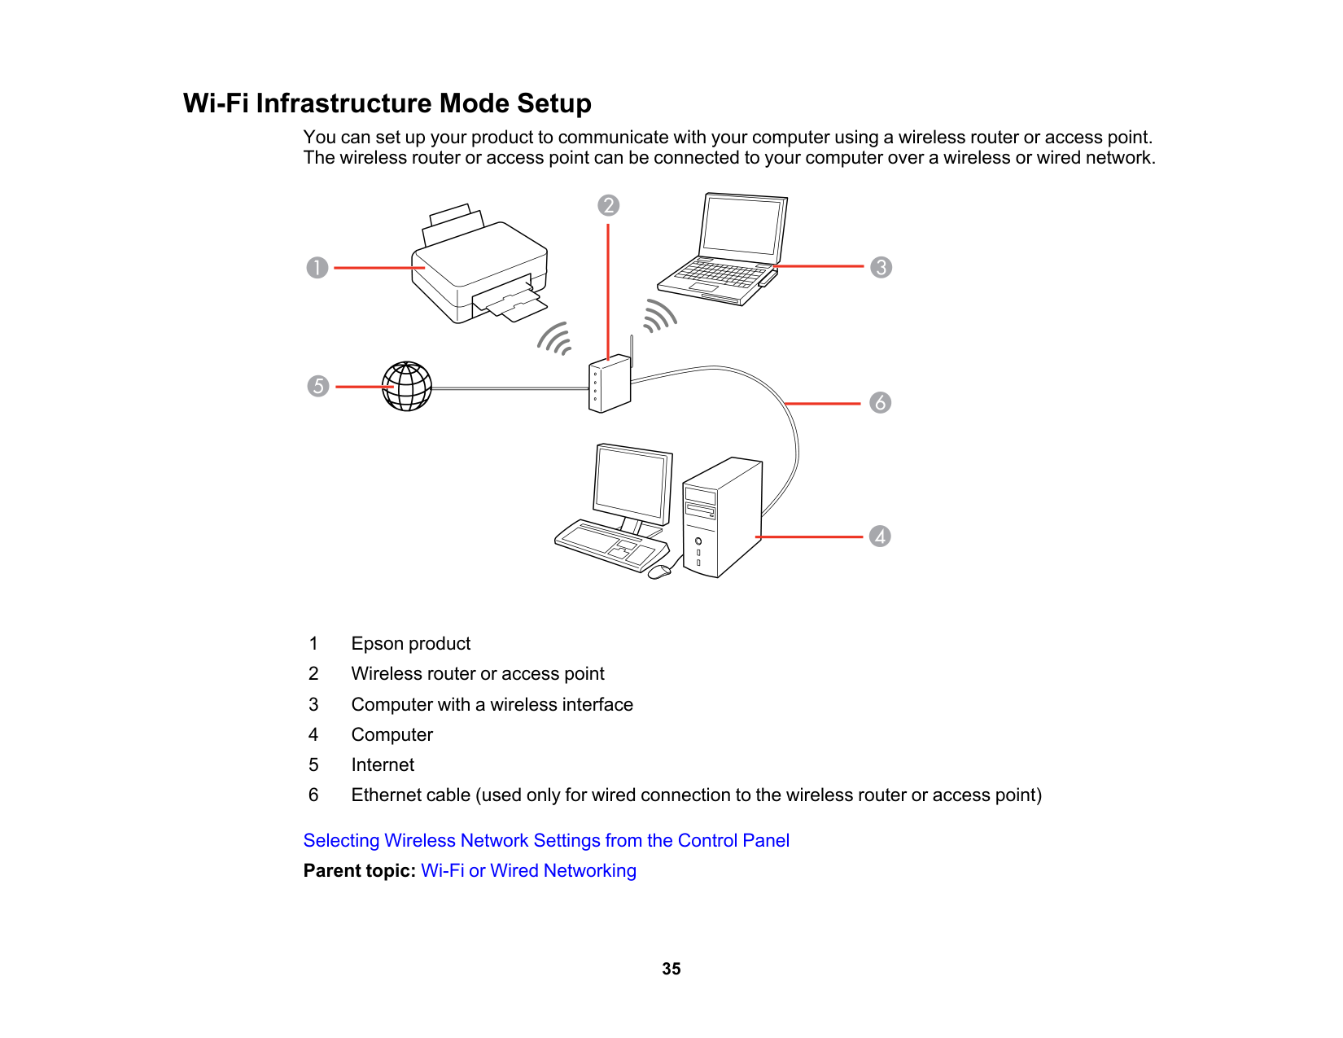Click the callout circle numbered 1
pos(317,268)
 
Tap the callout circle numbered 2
pos(608,205)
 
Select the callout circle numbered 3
pos(881,267)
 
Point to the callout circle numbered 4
pos(880,536)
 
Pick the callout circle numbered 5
pos(318,386)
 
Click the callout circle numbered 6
pos(880,402)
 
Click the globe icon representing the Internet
pos(407,387)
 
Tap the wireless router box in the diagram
pos(610,384)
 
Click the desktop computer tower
pos(722,518)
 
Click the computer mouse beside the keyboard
pos(659,572)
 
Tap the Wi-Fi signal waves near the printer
pos(554,339)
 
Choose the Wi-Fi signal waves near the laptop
pos(659,316)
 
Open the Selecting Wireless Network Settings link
pos(546,840)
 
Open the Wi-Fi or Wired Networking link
pos(528,870)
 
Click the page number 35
pos(671,969)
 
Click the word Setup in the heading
pos(553,104)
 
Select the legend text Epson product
pos(411,644)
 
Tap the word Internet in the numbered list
pos(383,764)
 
